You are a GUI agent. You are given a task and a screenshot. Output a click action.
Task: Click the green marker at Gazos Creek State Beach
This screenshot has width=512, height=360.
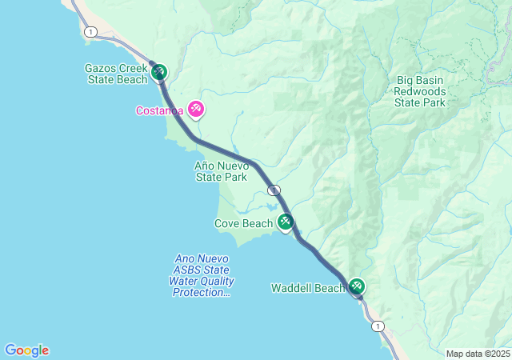click(x=158, y=73)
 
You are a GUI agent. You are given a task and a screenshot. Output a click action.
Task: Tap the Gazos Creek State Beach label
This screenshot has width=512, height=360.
click(x=117, y=74)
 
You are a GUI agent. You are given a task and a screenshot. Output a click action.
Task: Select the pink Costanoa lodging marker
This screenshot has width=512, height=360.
click(x=195, y=110)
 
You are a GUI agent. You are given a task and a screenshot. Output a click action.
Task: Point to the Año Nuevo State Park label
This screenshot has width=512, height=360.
click(x=221, y=171)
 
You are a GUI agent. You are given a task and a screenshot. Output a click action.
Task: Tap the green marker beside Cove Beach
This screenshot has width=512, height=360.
click(x=285, y=223)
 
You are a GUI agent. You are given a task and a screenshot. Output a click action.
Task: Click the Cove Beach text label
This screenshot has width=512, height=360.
click(x=243, y=224)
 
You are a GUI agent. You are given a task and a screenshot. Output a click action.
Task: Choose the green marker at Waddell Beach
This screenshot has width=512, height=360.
click(x=356, y=286)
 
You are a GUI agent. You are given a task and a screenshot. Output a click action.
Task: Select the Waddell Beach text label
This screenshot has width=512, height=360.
click(x=307, y=288)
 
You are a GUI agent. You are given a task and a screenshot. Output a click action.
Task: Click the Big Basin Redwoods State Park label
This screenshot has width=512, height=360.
click(x=420, y=91)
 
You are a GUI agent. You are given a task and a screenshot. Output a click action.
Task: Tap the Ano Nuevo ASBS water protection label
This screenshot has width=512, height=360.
click(x=203, y=276)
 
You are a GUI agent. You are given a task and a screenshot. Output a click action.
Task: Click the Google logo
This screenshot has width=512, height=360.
click(x=26, y=350)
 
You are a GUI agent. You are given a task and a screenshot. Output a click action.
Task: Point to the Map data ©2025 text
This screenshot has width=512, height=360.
click(x=478, y=354)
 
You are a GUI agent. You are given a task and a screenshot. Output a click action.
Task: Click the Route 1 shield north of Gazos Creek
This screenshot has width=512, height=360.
click(x=90, y=31)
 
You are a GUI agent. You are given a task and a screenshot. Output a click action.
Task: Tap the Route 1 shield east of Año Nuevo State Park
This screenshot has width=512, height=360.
click(x=274, y=190)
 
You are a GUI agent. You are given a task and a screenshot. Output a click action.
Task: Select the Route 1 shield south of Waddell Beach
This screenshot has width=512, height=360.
click(x=378, y=326)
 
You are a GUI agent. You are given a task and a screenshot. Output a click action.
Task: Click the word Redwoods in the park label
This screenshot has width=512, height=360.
click(x=420, y=91)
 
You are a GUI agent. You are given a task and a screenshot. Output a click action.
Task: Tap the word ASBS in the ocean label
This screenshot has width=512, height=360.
click(x=187, y=270)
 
